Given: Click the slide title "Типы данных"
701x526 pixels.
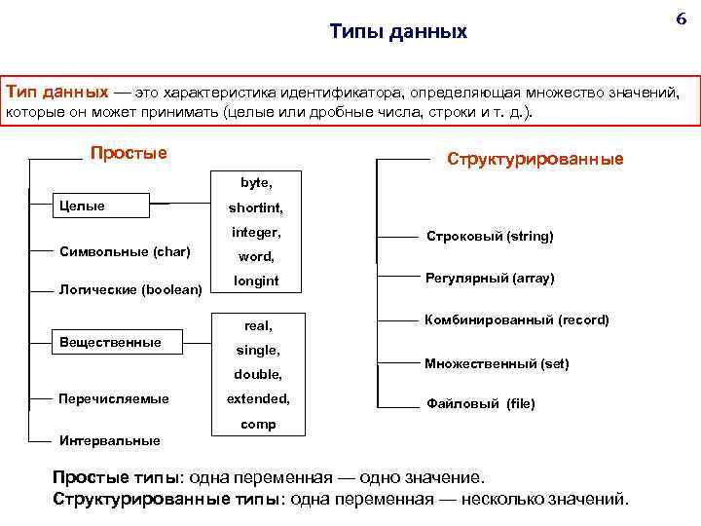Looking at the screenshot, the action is pos(398,32).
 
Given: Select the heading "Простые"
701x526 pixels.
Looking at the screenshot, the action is pos(129,153).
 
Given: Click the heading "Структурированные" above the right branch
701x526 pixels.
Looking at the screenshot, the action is pos(535,159).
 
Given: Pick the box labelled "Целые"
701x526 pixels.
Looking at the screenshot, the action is pos(100,206).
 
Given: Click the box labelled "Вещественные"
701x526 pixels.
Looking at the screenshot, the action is pos(110,342).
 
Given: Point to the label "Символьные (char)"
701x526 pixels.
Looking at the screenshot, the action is pos(125,251).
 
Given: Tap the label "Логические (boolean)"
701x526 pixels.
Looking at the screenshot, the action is pos(130,289).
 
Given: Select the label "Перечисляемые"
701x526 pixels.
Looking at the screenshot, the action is pos(114,398).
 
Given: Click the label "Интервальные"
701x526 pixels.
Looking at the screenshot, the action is pos(110,440).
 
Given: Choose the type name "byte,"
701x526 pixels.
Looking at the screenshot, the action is pos(256,182).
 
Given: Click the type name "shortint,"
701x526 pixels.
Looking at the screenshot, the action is pos(256,207).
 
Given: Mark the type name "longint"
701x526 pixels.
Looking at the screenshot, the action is pos(256,281).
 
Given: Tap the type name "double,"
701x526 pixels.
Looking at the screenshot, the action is pos(257,374).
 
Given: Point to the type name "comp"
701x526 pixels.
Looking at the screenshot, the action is pos(258,424).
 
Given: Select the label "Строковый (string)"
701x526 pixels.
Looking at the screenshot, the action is pos(490,237).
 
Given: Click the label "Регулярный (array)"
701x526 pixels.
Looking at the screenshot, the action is pos(490,279).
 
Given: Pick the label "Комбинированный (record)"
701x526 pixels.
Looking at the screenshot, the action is pos(516,319).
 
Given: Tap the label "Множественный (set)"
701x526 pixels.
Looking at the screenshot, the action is pos(497,363).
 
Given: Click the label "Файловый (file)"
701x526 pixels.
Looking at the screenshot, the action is pos(481,403).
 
